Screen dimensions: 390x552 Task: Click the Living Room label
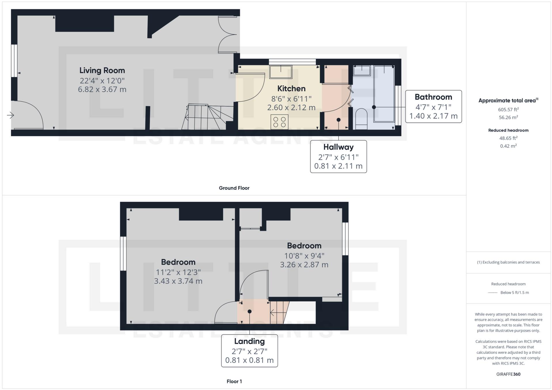[x=102, y=70]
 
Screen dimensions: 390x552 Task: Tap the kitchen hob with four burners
[x=279, y=122]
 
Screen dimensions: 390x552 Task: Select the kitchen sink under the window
[x=280, y=72]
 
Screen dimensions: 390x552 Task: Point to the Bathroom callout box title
[x=433, y=97]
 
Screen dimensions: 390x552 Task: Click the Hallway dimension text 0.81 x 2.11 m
[x=338, y=166]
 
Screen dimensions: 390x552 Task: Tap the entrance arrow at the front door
[x=10, y=115]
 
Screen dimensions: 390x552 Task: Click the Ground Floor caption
[x=234, y=188]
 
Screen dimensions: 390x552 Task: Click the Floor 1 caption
[x=234, y=381]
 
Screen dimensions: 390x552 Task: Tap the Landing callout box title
[x=249, y=341]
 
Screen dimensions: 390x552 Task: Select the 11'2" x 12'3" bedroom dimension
[x=178, y=272]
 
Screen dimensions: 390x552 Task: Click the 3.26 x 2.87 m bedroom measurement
[x=304, y=265]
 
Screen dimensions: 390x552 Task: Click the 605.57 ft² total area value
[x=508, y=109]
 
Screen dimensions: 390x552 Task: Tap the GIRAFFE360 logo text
[x=508, y=374]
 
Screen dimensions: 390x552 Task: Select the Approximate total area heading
[x=508, y=101]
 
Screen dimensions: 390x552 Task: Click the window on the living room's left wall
[x=14, y=60]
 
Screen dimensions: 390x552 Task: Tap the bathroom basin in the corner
[x=362, y=70]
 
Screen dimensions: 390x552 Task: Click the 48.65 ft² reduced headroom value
[x=508, y=138]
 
